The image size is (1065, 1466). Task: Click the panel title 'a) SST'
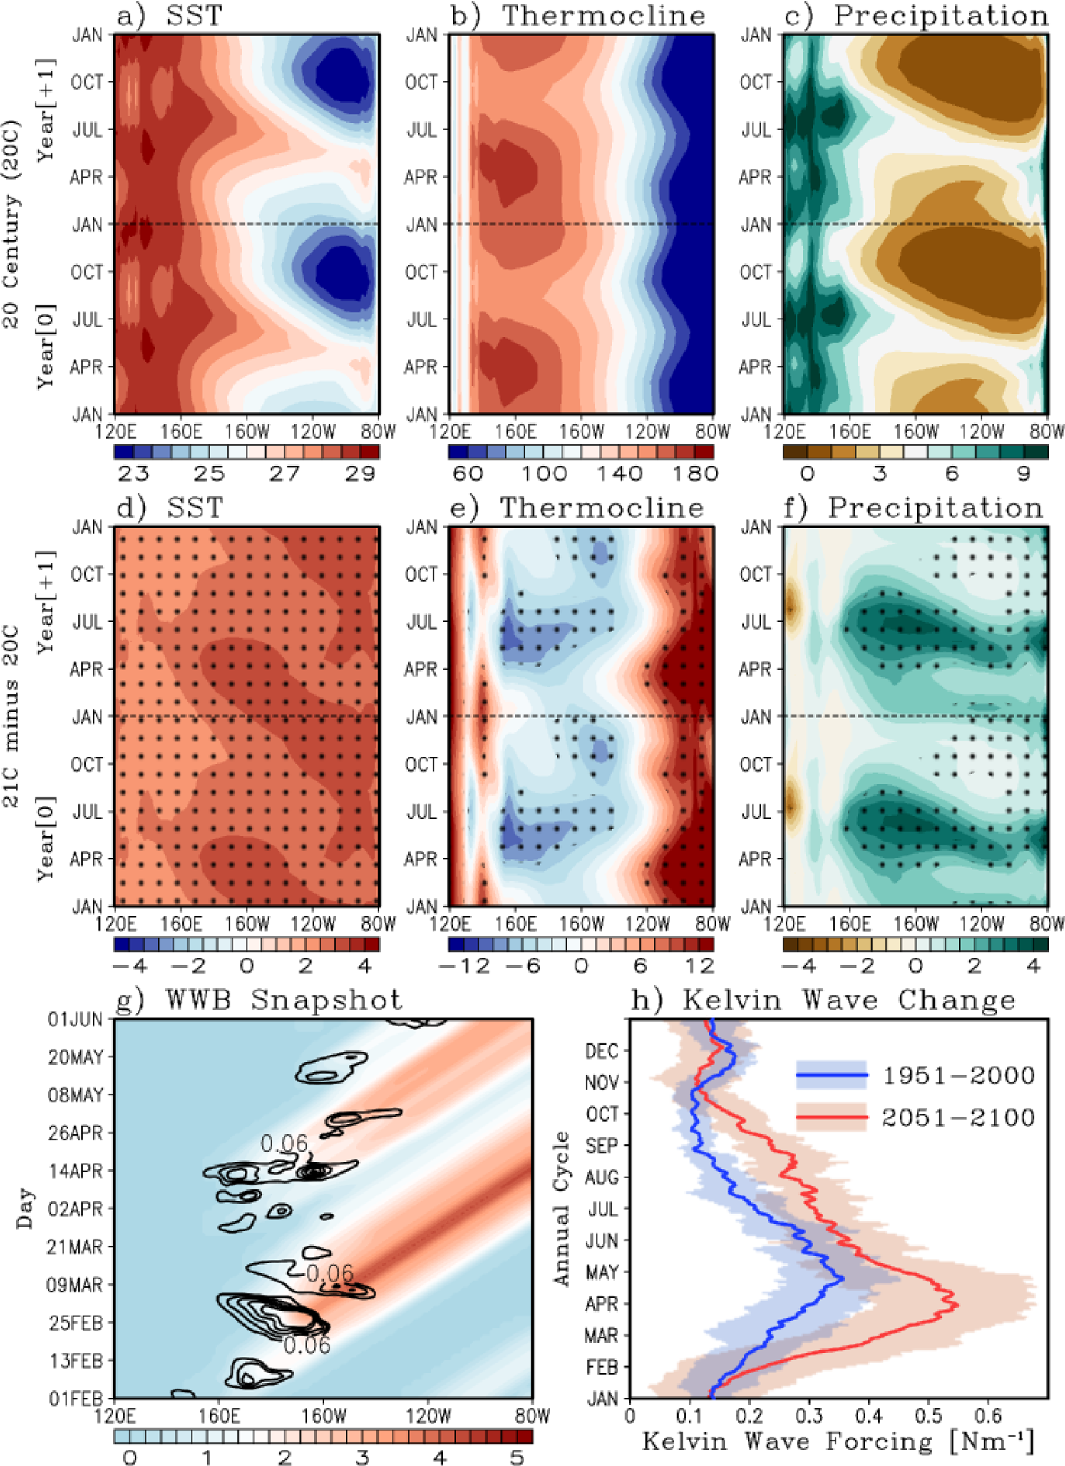click(169, 16)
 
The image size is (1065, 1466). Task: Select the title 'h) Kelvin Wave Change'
click(823, 1000)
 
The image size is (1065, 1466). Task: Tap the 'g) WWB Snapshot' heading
click(259, 1000)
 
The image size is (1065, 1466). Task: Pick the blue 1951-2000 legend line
click(831, 1075)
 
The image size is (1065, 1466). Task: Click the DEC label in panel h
click(602, 1051)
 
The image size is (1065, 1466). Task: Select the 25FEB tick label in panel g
click(76, 1323)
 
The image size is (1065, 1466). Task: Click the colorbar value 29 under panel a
click(360, 473)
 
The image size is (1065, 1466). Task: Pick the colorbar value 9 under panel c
click(1024, 473)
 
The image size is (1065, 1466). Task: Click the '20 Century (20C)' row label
click(11, 224)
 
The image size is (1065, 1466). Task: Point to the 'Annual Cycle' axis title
click(562, 1208)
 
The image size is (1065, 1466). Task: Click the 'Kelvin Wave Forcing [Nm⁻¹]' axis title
click(838, 1442)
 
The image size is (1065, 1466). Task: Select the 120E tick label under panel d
click(115, 925)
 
